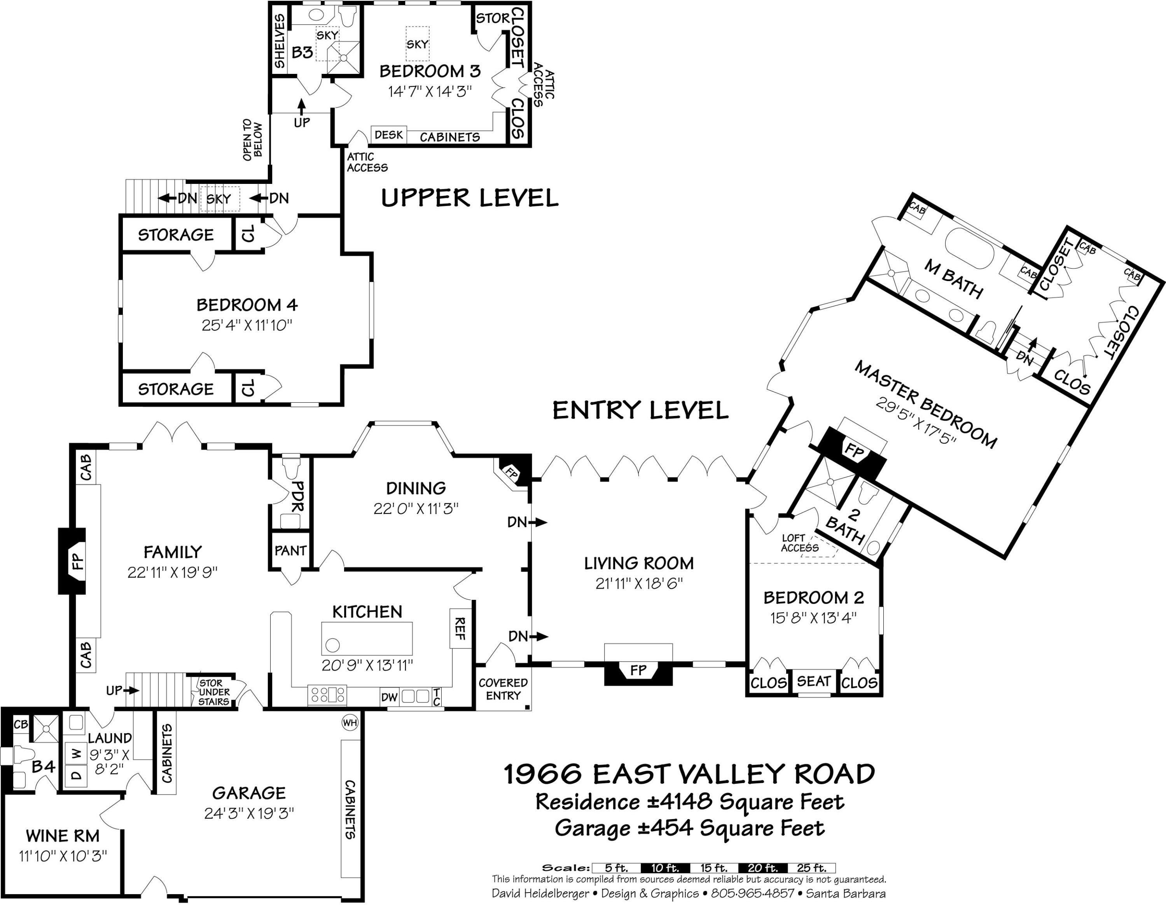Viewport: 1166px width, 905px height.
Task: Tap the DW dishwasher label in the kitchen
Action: pos(389,697)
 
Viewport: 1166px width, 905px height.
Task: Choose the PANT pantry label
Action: pos(290,550)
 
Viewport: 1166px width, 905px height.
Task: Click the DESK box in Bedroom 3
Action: pos(389,135)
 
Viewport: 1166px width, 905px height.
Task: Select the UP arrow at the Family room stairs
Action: pos(122,690)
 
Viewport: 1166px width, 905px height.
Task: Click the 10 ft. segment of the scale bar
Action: pos(665,868)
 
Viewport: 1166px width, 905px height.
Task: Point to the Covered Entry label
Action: pos(503,689)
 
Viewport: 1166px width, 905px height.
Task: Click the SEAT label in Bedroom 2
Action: pos(814,681)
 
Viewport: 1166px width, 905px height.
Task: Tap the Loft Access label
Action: pos(799,543)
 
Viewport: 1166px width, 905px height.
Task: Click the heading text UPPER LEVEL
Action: pos(470,198)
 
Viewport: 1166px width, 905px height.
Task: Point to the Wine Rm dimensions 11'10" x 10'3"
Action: pos(63,856)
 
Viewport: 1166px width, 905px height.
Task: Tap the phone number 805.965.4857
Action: pos(753,893)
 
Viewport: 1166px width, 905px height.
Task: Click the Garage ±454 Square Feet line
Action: pos(689,828)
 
